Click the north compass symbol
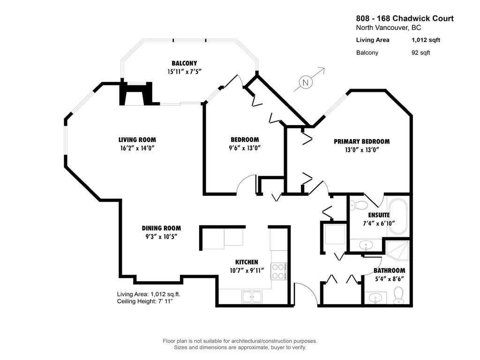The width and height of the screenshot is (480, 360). point(306,82)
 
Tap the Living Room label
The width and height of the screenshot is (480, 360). point(137,140)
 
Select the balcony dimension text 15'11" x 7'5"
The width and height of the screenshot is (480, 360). point(184,72)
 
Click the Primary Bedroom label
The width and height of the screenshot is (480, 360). point(361,142)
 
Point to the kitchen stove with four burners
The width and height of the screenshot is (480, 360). point(278,271)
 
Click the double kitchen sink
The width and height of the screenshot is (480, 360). point(253,296)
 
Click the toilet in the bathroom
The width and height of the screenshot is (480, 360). point(398,295)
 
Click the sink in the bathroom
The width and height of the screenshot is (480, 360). point(375,298)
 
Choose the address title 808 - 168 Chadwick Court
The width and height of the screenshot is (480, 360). point(405,19)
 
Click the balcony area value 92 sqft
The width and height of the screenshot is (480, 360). point(420,52)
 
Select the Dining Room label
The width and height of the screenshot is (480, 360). point(161,228)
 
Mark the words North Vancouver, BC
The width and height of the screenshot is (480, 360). point(389,28)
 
